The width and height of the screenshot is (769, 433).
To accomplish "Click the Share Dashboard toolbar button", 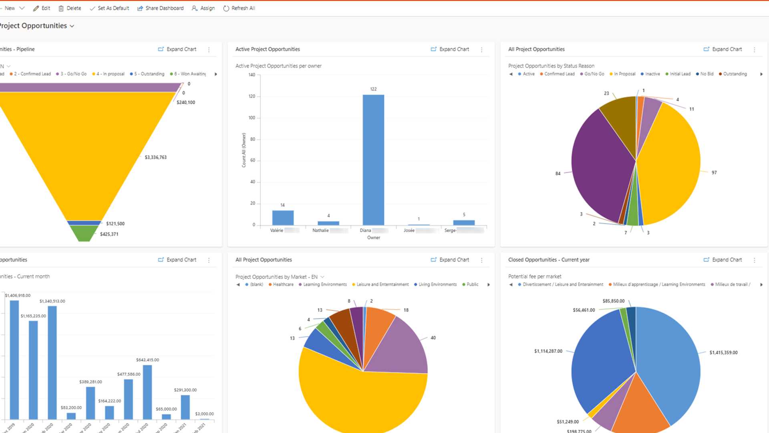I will pyautogui.click(x=160, y=8).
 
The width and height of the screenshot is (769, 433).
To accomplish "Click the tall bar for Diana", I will pyautogui.click(x=373, y=160).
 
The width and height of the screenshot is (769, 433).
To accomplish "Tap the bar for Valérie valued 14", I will pyautogui.click(x=283, y=218).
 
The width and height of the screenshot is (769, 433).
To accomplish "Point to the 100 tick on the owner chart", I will pyautogui.click(x=252, y=118).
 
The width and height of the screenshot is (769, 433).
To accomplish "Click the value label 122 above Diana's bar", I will pyautogui.click(x=373, y=89).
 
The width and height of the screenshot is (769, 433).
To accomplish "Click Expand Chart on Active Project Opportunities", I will pyautogui.click(x=450, y=49).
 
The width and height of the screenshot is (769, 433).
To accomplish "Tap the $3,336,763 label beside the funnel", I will pyautogui.click(x=155, y=157).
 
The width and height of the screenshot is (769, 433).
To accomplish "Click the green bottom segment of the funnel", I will pyautogui.click(x=84, y=233).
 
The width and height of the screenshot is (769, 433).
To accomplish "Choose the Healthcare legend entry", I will pyautogui.click(x=283, y=285).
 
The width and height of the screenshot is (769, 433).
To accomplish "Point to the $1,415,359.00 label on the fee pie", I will pyautogui.click(x=723, y=353).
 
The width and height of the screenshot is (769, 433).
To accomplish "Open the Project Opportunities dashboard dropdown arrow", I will pyautogui.click(x=72, y=26).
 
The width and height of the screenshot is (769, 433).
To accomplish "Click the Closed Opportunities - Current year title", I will pyautogui.click(x=549, y=260).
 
